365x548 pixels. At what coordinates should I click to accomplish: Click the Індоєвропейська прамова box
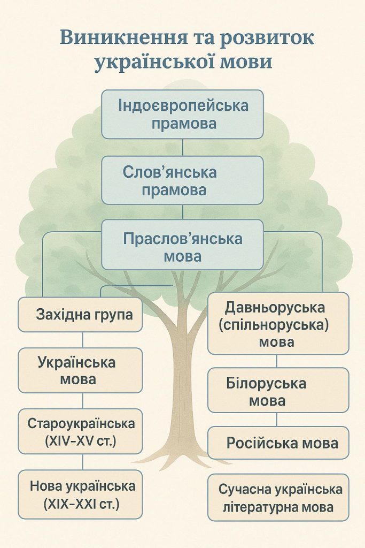[x=183, y=114]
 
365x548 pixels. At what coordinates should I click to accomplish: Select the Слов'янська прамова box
[x=183, y=180]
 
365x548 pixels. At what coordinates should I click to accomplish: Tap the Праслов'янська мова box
[x=183, y=246]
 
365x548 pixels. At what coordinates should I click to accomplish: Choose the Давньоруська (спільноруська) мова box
[x=277, y=324]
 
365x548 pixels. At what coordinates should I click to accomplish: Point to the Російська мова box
[x=278, y=443]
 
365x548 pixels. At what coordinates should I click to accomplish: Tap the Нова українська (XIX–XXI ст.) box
[x=81, y=494]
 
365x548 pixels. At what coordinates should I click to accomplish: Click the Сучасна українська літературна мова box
[x=278, y=498]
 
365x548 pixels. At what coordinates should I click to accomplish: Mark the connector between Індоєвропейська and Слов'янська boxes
[x=183, y=147]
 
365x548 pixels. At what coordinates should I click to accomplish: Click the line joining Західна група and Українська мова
[x=82, y=340]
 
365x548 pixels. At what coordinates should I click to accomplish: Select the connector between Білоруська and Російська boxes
[x=277, y=420]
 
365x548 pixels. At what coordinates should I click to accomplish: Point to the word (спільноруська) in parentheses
[x=277, y=325]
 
